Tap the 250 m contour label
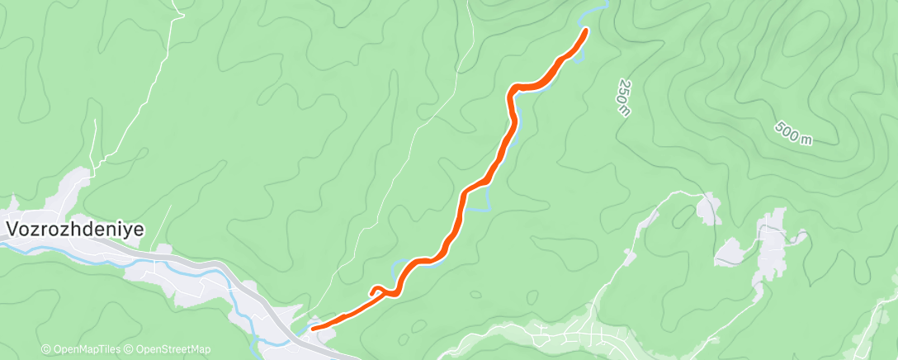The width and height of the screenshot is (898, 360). pos(624,97)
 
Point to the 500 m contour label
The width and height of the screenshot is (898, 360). pos(793,134)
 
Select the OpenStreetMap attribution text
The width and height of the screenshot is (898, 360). pos(173,349)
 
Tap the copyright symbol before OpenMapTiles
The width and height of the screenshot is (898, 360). pos(46,349)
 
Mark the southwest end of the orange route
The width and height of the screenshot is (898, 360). pos(313,329)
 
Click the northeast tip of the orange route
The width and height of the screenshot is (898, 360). pos(585,31)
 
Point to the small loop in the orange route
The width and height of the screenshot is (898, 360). pos(376,290)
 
